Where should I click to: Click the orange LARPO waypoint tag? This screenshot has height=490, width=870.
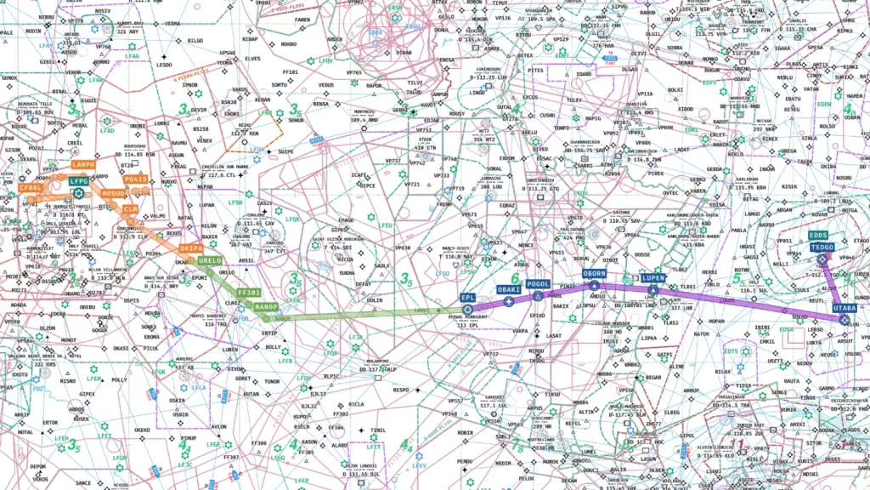click(x=84, y=164)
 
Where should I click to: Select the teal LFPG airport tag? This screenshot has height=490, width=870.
click(x=79, y=181)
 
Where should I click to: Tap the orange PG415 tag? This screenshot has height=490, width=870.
click(x=135, y=179)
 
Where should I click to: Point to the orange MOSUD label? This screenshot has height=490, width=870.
click(x=114, y=194)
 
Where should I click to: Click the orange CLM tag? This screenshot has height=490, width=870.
click(x=130, y=208)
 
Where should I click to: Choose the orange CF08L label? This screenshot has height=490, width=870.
click(x=31, y=187)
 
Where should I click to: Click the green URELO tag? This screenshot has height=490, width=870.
click(x=210, y=260)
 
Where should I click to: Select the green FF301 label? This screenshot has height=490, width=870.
click(x=248, y=292)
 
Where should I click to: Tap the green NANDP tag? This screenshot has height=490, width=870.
click(x=267, y=306)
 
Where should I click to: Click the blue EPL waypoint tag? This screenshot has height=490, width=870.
click(x=467, y=298)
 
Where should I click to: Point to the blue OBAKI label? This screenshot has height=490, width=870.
click(x=508, y=290)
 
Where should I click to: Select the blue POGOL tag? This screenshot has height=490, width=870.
click(x=538, y=284)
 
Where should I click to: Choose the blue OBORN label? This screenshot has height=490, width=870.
click(x=594, y=274)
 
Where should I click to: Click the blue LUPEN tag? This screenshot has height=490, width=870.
click(x=653, y=278)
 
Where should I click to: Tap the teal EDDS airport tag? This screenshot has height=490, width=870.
click(x=818, y=235)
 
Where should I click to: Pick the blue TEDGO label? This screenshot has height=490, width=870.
click(x=822, y=247)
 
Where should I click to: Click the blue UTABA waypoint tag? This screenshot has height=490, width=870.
click(x=844, y=307)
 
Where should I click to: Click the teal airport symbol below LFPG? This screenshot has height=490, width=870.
click(x=79, y=193)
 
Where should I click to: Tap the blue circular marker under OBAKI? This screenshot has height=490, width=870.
click(x=508, y=302)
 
